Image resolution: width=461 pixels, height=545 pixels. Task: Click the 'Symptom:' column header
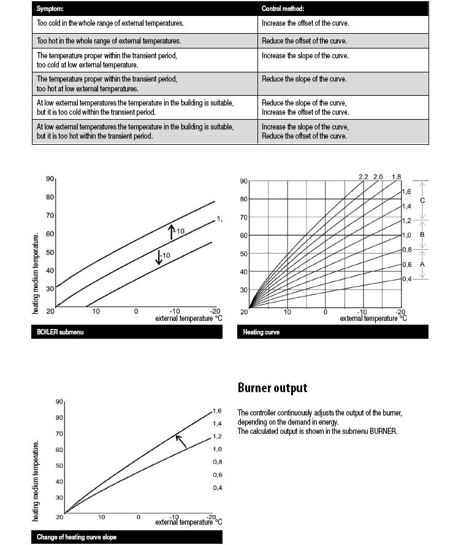click(x=50, y=9)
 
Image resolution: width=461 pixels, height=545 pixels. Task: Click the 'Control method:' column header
click(x=283, y=9)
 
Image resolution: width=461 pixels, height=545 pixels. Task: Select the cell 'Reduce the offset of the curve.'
click(x=304, y=41)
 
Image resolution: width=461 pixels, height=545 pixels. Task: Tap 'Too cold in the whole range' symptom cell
click(x=110, y=24)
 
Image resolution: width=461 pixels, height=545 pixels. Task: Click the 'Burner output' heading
click(x=272, y=388)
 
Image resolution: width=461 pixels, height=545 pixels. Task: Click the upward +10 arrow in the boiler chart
click(x=172, y=231)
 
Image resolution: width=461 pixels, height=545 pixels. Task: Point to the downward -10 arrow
click(x=159, y=257)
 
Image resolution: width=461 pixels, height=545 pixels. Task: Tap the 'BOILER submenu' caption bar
click(x=56, y=332)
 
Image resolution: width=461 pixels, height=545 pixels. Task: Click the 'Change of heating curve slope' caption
click(x=77, y=537)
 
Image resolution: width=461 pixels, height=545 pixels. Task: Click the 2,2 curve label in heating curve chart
click(x=364, y=177)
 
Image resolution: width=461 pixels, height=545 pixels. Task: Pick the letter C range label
click(x=422, y=201)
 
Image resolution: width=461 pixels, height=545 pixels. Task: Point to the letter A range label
click(x=422, y=264)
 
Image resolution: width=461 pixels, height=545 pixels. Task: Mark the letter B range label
click(x=422, y=234)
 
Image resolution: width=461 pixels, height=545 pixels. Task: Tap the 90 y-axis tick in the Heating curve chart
click(x=243, y=181)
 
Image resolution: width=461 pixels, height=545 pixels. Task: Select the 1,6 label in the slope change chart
click(x=217, y=411)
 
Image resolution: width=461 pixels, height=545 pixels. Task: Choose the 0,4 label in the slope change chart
click(x=217, y=487)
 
